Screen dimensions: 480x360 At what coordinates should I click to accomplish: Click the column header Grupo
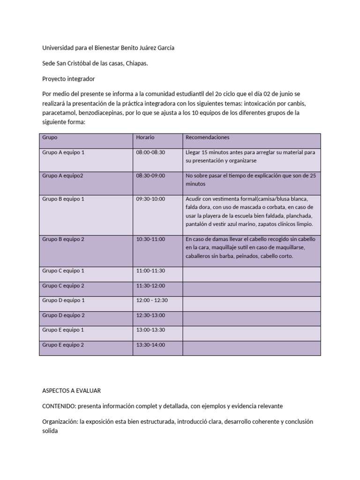coord(50,137)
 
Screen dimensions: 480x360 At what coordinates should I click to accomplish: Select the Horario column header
coord(145,137)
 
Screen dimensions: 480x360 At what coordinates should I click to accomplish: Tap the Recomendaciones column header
coord(208,137)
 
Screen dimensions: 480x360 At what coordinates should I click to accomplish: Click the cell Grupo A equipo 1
coord(63,152)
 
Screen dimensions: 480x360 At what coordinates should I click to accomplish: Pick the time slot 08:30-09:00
coord(150,176)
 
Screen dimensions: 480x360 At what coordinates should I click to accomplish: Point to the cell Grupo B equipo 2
coord(63,239)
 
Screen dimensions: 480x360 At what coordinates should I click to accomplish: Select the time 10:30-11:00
coord(150,239)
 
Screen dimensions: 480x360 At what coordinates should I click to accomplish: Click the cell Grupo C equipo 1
coord(63,270)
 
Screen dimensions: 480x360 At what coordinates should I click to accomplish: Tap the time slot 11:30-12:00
coord(150,285)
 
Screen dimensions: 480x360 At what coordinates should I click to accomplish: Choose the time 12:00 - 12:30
coord(152,300)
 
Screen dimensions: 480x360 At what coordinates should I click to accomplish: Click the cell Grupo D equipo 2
coord(63,315)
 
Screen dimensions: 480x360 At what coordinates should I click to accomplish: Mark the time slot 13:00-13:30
coord(150,330)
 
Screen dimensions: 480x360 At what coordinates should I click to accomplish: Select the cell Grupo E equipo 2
coord(63,345)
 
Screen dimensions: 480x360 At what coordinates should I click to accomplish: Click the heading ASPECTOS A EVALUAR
coord(71,390)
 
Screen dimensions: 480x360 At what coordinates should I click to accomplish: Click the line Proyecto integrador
coord(68,79)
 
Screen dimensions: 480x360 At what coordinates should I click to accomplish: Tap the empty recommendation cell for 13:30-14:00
coord(252,348)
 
